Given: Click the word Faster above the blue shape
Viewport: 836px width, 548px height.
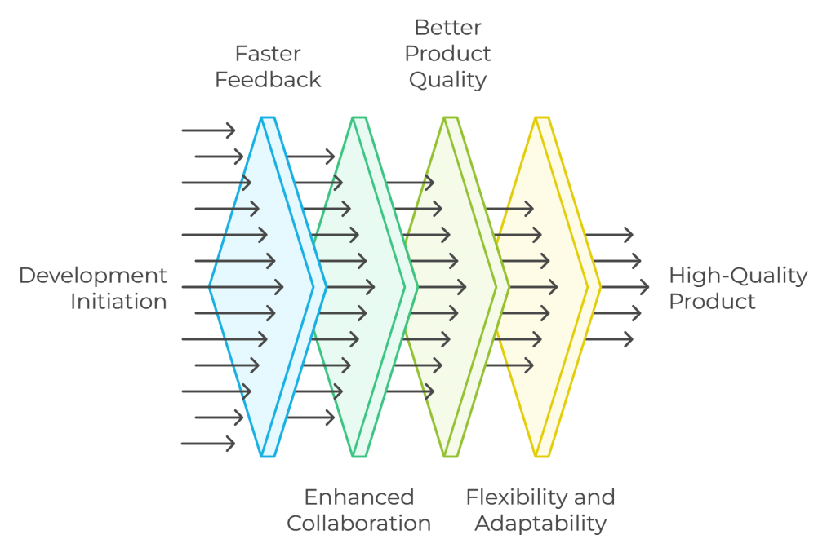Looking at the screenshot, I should click(x=268, y=54).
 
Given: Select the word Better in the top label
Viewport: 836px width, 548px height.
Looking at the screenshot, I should click(x=447, y=28).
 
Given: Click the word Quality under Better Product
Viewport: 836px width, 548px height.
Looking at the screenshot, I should click(x=447, y=80).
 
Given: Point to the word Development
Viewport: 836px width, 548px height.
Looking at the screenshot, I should click(x=92, y=276).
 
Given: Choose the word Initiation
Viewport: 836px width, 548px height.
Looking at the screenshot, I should click(x=118, y=302).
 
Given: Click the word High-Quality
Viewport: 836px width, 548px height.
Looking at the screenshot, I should click(x=738, y=276).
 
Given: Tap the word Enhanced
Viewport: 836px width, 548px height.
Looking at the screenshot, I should click(x=359, y=497).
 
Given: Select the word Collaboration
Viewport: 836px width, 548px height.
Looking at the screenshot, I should click(x=359, y=523).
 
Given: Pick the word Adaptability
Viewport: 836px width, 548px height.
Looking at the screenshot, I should click(x=540, y=523).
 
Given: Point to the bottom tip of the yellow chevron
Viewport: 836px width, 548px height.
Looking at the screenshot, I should click(x=542, y=455).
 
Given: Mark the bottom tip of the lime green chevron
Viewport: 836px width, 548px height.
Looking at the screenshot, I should click(x=451, y=455).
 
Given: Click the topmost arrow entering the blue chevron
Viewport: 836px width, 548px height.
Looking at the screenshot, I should click(x=208, y=130).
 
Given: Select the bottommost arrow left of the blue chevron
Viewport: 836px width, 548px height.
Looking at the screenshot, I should click(x=208, y=444).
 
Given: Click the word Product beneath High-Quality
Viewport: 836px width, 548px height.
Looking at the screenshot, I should click(x=712, y=302).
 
